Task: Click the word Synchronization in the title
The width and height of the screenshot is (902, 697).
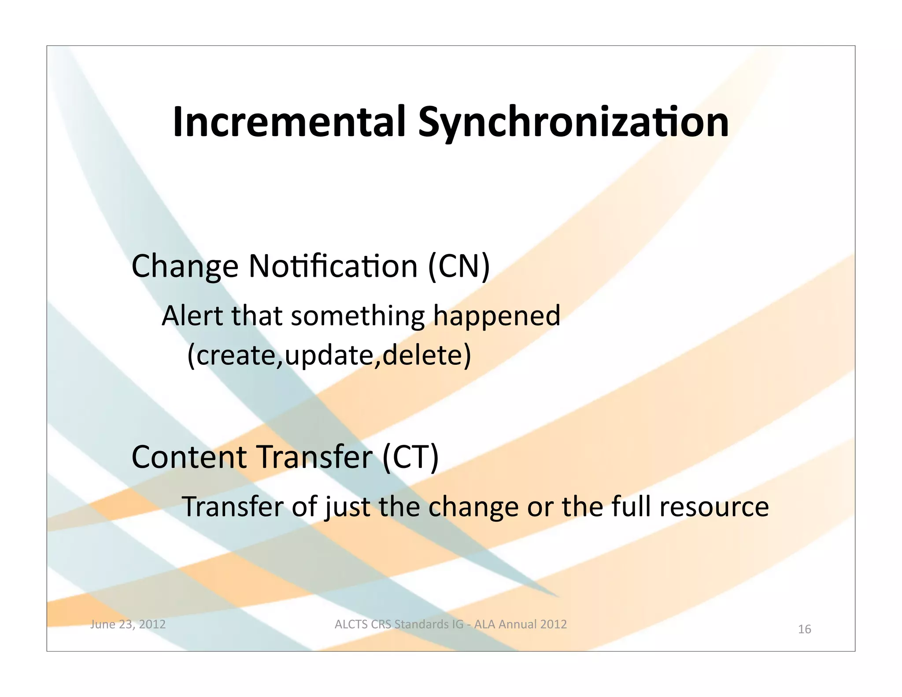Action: click(x=573, y=122)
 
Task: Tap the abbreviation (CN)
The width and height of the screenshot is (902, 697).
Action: click(x=458, y=266)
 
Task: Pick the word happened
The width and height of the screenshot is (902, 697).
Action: click(x=497, y=316)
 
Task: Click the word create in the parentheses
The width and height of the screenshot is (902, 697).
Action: click(x=236, y=355)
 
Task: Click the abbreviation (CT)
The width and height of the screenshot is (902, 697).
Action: click(x=410, y=457)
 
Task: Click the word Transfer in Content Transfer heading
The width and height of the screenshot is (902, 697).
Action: click(x=314, y=457)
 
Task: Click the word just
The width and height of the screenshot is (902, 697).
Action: click(x=347, y=507)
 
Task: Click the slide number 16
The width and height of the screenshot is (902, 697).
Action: click(x=804, y=629)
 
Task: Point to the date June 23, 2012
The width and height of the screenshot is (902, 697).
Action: click(x=128, y=624)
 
